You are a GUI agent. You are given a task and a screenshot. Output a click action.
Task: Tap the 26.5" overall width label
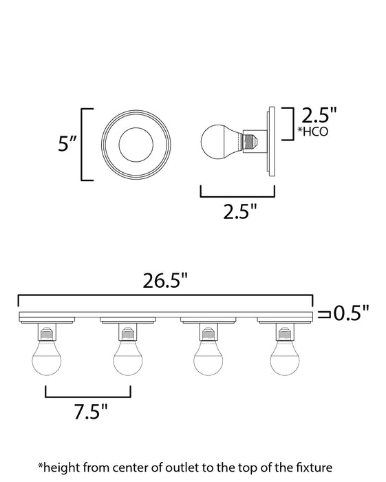165,281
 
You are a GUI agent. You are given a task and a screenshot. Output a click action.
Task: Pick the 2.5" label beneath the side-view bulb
236,211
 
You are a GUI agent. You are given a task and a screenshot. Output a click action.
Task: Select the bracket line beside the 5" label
83,144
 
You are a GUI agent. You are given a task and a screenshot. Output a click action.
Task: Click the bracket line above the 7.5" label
87,396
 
